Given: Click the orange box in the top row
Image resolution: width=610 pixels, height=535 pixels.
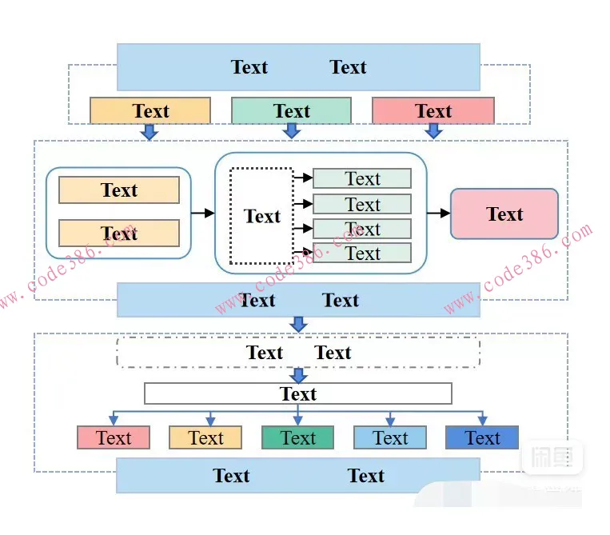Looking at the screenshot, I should [x=150, y=111].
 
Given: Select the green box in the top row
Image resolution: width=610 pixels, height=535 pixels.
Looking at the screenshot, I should [x=291, y=111].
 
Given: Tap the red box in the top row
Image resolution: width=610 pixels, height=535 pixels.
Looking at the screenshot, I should [x=433, y=111].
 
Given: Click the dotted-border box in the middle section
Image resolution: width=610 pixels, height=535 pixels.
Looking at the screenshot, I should [x=261, y=216].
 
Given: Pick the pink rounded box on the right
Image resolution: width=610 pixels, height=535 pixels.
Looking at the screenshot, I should [x=504, y=214].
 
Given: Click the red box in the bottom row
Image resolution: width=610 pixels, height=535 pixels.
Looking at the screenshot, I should [x=114, y=437].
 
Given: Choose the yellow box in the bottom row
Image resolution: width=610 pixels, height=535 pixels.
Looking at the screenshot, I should [x=205, y=437].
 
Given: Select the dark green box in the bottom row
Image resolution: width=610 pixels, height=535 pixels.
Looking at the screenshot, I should [x=297, y=437].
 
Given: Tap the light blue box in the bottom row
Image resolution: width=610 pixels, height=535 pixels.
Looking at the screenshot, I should [x=390, y=437].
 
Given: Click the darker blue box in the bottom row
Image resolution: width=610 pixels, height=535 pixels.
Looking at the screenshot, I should [x=482, y=437].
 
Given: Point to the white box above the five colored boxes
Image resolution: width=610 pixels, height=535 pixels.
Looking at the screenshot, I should [x=297, y=393].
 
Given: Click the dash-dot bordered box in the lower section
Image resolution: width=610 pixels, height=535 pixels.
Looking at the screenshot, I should [x=297, y=353].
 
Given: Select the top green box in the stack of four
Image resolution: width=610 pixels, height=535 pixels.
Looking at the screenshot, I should [x=362, y=178].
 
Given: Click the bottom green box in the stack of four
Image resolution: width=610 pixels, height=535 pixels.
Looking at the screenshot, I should [x=362, y=254].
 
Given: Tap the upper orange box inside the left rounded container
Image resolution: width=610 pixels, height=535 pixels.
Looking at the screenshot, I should [x=119, y=190].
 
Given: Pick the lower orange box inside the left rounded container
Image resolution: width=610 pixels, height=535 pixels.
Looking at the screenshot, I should [x=119, y=234].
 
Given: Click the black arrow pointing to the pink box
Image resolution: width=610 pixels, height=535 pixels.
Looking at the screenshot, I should [x=438, y=214].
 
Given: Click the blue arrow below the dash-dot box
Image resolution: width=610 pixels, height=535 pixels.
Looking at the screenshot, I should [x=298, y=375].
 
